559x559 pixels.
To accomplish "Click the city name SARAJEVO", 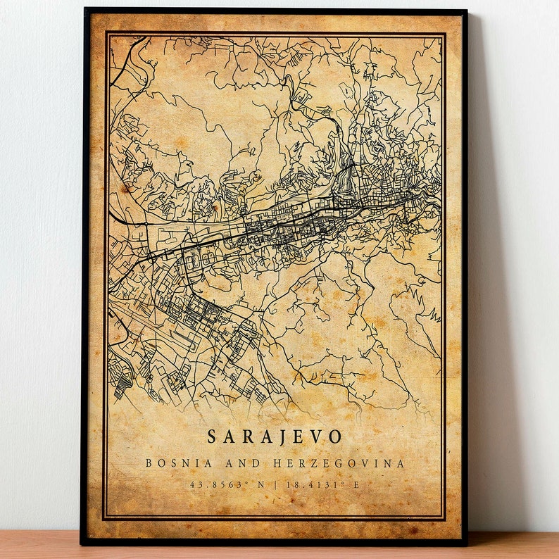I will click(x=274, y=436).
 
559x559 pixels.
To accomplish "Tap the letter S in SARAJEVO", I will click(x=211, y=436).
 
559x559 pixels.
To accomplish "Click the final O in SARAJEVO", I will click(x=336, y=436).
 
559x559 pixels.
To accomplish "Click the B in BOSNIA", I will click(x=148, y=463).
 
